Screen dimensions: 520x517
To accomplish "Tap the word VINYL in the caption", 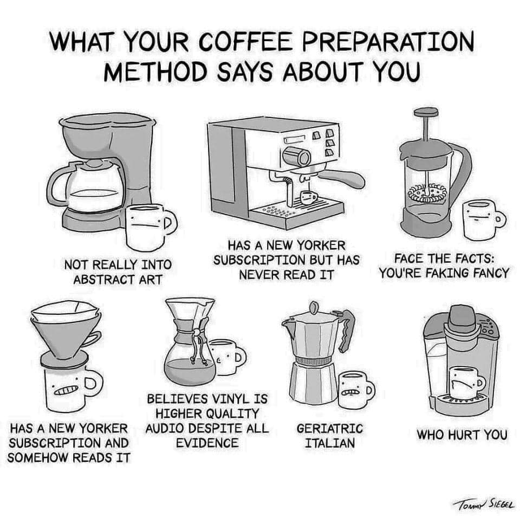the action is tap(231, 398).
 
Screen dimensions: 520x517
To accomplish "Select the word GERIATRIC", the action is tap(330, 429).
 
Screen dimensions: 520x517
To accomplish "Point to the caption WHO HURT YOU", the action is tap(462, 435).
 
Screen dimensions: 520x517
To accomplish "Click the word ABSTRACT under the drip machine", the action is tap(103, 280).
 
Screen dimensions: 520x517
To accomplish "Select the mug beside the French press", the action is tap(484, 219).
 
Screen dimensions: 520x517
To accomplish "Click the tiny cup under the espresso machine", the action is tap(308, 197).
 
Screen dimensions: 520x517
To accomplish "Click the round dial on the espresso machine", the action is tap(297, 157).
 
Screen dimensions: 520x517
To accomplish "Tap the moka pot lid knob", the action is tap(313, 307).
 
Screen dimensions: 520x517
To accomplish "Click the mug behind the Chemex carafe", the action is tap(229, 357).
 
